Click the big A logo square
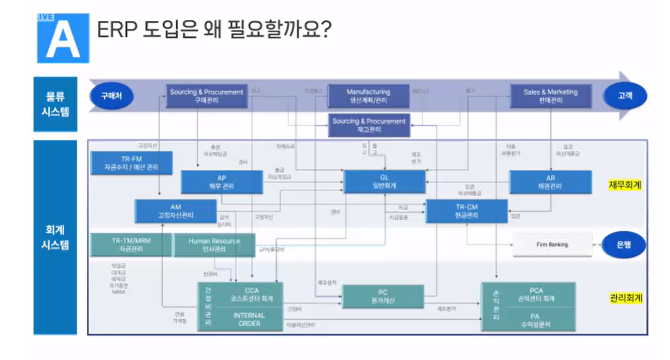coord(63,38)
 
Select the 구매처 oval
coord(111,96)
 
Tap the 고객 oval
coord(625,96)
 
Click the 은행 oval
coord(624,245)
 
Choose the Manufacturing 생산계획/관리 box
coord(368,96)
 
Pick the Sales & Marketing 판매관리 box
coord(551,96)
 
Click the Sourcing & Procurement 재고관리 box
coord(369,125)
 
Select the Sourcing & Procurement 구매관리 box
coord(206,96)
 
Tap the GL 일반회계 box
coord(385,182)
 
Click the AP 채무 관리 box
coord(222,182)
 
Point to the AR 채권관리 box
coord(550,182)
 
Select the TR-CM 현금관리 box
coord(467,211)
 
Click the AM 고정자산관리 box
coord(175,211)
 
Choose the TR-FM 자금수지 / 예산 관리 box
coord(131,163)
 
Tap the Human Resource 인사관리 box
coord(214,245)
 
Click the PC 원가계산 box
coord(383,297)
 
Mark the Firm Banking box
coord(552,245)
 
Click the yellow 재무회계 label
coord(625,185)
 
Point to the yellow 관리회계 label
coord(625,298)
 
